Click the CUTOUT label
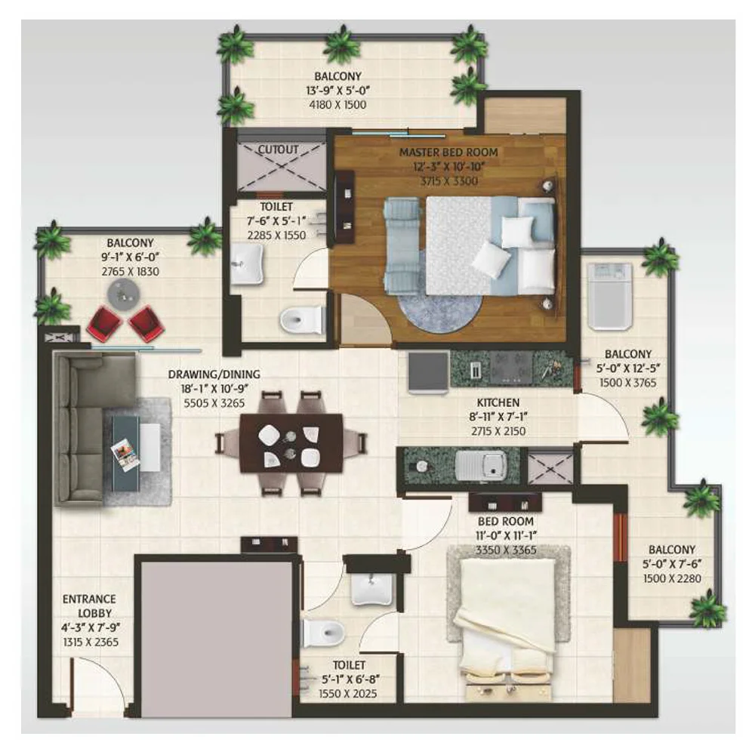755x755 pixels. pos(279,149)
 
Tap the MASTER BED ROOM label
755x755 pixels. pos(448,153)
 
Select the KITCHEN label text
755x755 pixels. pos(498,402)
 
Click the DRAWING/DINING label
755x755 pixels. pos(214,374)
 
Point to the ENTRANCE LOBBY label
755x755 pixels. pos(90,606)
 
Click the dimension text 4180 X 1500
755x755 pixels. pos(337,105)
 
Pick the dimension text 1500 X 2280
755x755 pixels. pos(672,578)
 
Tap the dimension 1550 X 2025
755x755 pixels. pos(347,694)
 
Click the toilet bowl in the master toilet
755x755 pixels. pos(301,319)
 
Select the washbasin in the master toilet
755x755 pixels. pos(247,263)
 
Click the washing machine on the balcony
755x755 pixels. pos(610,296)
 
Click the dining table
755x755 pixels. pos(291,443)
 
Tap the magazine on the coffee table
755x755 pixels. pos(125,457)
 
